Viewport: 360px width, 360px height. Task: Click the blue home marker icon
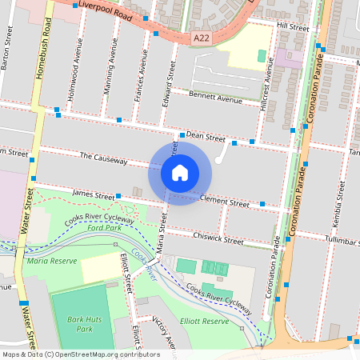pos(180,172)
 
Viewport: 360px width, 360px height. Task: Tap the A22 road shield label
pos(202,37)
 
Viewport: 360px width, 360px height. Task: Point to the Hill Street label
pos(292,26)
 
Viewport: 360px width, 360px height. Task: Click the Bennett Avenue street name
pos(214,98)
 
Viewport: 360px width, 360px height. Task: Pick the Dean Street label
pos(206,137)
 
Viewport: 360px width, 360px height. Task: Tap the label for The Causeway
pos(103,158)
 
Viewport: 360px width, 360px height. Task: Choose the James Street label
pos(94,194)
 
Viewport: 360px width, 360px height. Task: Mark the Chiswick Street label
pos(218,238)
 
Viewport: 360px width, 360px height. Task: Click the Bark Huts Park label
pos(79,324)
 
